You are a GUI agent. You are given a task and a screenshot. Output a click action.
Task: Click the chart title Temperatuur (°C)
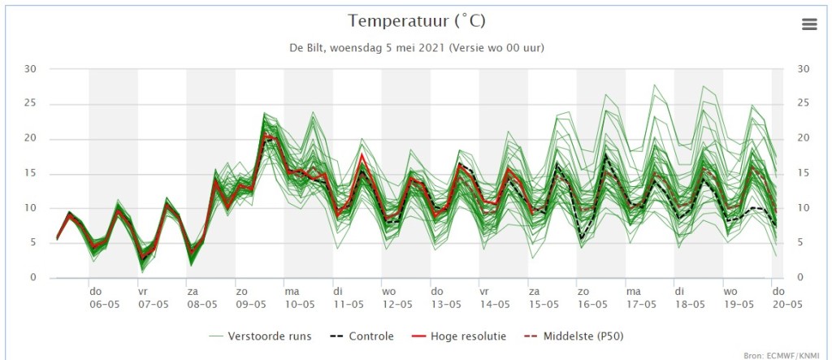(417, 20)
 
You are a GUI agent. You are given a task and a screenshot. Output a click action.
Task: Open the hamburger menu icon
(808, 24)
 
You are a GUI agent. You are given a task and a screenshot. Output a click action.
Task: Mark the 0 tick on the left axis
(32, 278)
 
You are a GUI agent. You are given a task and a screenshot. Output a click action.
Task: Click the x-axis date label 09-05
(251, 306)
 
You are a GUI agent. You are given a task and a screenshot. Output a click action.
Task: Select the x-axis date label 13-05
(446, 306)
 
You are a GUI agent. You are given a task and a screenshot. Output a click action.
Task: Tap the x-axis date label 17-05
(641, 306)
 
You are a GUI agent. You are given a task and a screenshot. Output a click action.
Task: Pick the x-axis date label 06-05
(105, 306)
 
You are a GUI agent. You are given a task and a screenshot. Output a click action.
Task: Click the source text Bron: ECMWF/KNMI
(786, 355)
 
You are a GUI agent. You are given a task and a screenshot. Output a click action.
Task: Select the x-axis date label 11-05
(349, 306)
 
